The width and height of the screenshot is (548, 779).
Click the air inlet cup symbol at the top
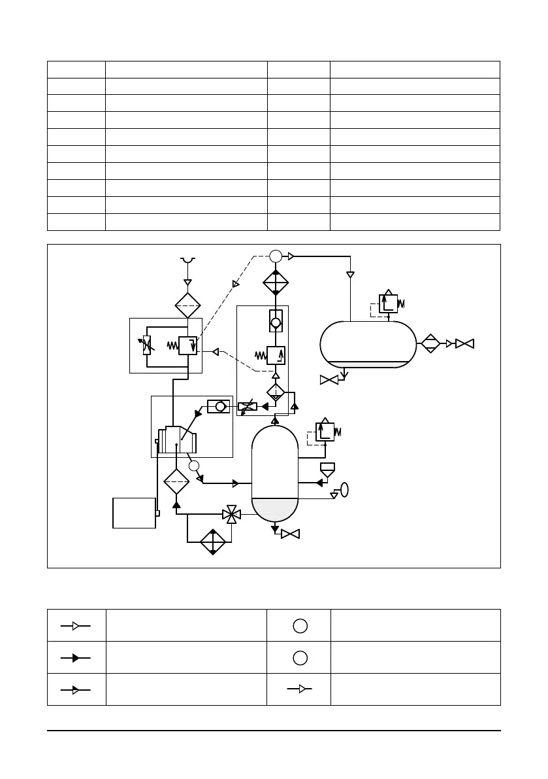(x=187, y=261)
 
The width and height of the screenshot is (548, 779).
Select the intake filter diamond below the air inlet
(x=187, y=305)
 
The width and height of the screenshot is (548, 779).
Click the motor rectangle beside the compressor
(x=134, y=512)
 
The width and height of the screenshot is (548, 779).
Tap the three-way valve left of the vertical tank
(x=231, y=515)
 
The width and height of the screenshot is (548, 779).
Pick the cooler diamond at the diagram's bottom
(x=213, y=541)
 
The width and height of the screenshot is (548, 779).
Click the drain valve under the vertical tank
(x=290, y=534)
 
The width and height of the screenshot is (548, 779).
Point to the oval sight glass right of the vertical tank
(x=344, y=490)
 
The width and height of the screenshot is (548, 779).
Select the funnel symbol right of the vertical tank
(x=328, y=469)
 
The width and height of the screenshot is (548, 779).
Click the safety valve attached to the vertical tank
(x=325, y=432)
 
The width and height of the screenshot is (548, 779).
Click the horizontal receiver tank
(x=368, y=344)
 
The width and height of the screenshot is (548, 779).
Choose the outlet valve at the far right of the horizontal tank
(x=465, y=343)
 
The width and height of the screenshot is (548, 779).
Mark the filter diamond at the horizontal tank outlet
(x=430, y=343)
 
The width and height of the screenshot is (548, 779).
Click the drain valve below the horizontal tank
(x=329, y=379)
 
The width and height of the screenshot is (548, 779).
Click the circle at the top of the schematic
(x=276, y=256)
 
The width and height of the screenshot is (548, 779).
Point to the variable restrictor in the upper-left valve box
(x=147, y=345)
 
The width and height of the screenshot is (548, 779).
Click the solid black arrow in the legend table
(x=76, y=657)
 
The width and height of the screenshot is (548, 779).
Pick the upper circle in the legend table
(x=299, y=625)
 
